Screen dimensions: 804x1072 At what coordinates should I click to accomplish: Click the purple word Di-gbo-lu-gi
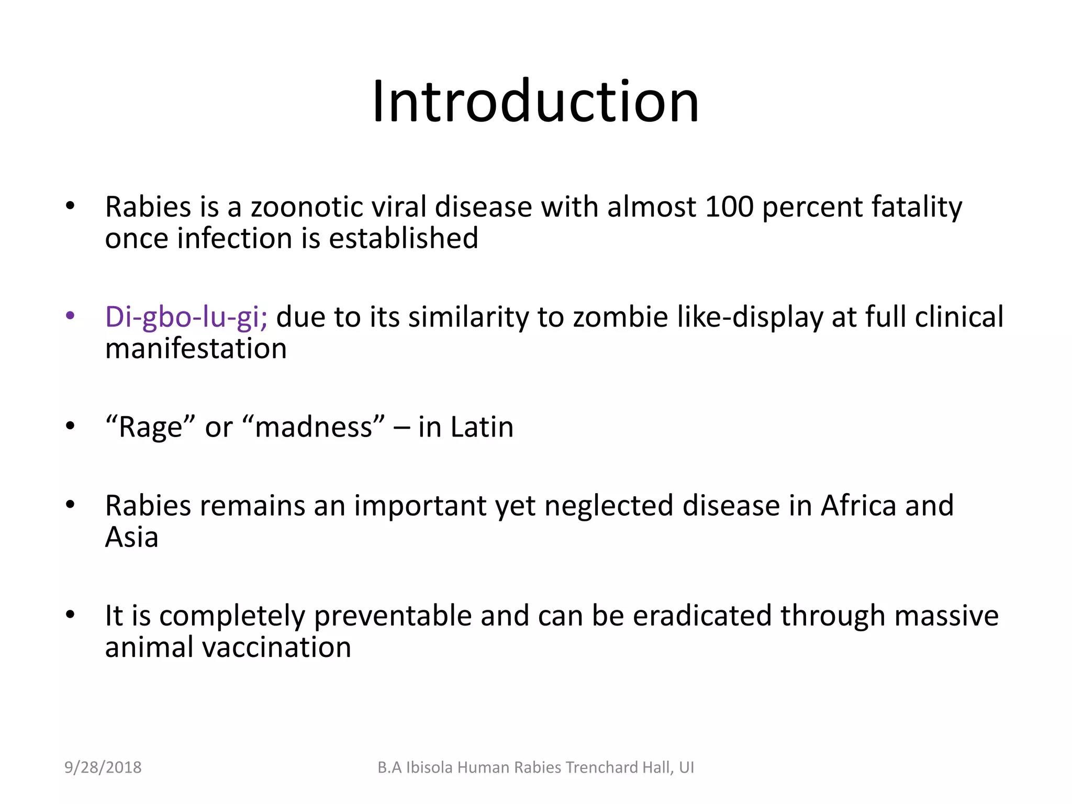point(186,317)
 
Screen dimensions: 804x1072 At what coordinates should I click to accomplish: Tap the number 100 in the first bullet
point(729,207)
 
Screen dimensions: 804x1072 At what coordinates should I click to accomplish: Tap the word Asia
point(131,538)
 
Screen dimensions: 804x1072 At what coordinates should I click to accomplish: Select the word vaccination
point(276,647)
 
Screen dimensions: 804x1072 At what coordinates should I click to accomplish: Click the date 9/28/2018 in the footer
point(103,767)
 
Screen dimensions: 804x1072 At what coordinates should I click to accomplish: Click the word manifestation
point(196,349)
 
